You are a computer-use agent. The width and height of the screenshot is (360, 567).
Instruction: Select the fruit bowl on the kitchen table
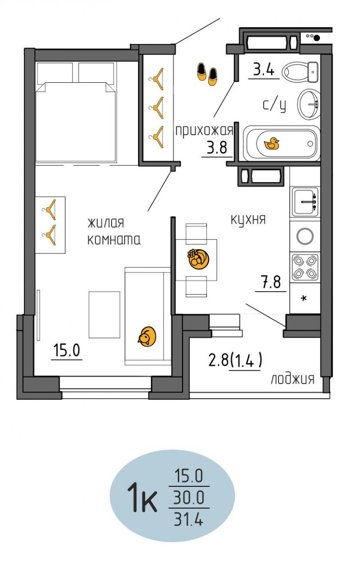(x=198, y=259)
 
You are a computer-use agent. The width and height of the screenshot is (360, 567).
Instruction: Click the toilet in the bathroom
(x=300, y=72)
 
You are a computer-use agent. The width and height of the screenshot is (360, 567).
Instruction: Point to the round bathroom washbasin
(x=308, y=104)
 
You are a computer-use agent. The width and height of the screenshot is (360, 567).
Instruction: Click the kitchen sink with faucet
(x=305, y=202)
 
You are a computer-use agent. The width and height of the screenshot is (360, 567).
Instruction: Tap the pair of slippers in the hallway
(x=207, y=74)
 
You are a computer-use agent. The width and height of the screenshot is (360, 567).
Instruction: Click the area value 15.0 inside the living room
(x=67, y=350)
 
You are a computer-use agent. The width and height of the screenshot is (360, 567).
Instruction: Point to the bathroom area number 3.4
(x=264, y=69)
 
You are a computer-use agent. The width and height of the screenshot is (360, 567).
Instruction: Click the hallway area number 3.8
(x=217, y=148)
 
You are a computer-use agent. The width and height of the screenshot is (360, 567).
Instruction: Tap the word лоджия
(x=292, y=379)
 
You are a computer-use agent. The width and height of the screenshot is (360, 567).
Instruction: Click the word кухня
(x=248, y=220)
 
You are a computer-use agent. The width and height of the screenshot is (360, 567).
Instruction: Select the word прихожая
(x=204, y=131)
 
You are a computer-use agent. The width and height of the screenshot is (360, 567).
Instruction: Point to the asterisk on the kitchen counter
(x=304, y=299)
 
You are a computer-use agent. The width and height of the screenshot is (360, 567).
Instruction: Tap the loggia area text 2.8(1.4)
(x=235, y=360)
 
